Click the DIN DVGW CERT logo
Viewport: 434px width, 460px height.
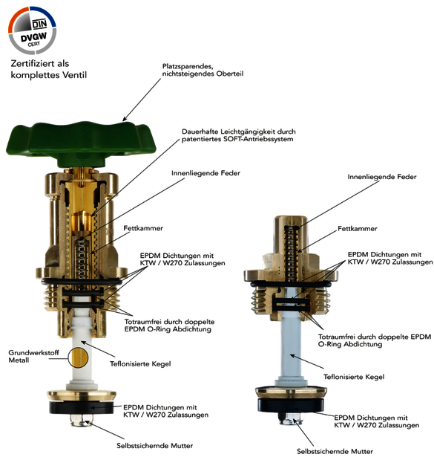(32, 30)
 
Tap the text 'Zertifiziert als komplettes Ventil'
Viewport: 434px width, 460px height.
(49, 69)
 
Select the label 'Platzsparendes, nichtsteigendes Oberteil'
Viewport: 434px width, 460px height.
(203, 70)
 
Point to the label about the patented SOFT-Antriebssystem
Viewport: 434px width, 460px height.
(239, 135)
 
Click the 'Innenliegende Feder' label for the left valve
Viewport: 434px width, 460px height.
(206, 173)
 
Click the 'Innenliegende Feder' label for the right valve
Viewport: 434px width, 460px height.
(382, 177)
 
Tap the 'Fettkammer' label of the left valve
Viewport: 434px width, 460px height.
(143, 228)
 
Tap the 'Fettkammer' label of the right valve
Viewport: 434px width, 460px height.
(358, 229)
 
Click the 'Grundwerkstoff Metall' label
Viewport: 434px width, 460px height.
(33, 356)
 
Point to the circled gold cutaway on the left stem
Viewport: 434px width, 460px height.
(78, 357)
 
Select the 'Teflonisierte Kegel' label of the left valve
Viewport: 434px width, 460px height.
(140, 364)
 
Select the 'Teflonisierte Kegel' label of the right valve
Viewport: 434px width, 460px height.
(354, 377)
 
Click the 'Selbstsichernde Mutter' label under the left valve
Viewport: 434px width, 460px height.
(154, 446)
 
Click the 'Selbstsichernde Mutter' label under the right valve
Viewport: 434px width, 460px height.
(335, 451)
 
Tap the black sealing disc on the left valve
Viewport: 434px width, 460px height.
(82, 407)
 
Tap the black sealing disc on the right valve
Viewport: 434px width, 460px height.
(291, 405)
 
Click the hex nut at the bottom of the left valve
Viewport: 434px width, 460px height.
(82, 420)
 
